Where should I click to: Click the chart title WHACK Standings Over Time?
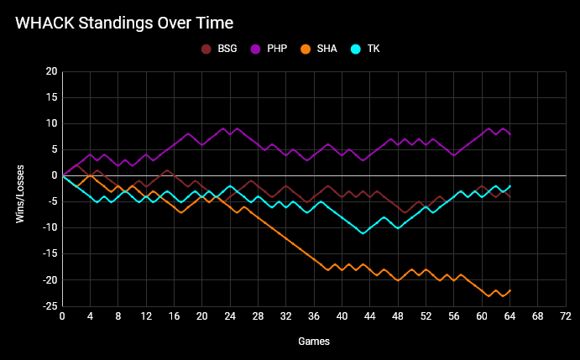124,23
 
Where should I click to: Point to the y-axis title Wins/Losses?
19,189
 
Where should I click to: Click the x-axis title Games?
314,342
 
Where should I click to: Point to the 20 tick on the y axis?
51,71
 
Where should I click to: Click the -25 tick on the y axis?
50,305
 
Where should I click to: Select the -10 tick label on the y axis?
50,227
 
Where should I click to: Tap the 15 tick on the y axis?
51,97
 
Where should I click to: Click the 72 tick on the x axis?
566,316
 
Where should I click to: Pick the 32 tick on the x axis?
286,316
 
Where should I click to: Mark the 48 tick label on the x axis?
398,316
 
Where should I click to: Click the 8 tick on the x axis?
118,316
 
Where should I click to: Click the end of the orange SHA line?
509,290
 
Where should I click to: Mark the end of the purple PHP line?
509,134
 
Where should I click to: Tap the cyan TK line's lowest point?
363,232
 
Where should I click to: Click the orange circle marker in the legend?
307,49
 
